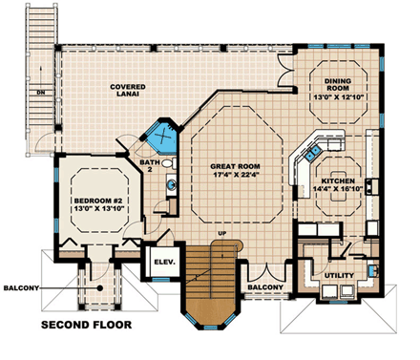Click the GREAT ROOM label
point(235,166)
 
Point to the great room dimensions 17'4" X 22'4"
point(235,176)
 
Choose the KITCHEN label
point(338,180)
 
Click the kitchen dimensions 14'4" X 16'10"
point(338,190)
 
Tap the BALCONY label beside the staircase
point(263,287)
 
